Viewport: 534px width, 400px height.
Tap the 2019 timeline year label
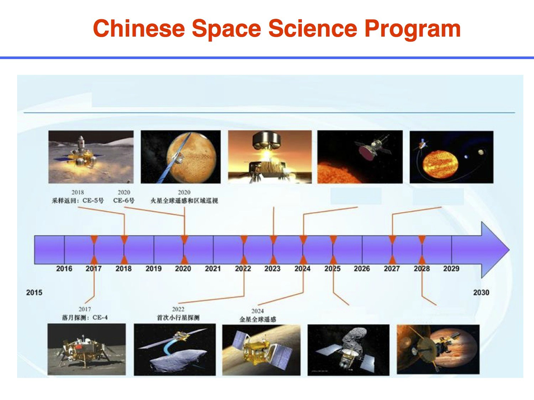(153, 269)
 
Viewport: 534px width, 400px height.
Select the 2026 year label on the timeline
(362, 269)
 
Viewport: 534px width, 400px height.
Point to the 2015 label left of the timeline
(34, 293)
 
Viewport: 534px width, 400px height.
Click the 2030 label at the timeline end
(481, 293)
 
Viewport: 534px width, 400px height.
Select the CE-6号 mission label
(124, 201)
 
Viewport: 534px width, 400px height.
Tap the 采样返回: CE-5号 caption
(78, 201)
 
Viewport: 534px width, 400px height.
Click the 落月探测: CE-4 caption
(85, 318)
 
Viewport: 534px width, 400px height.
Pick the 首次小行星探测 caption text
(178, 318)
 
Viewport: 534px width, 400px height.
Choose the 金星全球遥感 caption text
(257, 319)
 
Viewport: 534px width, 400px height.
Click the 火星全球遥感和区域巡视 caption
(184, 201)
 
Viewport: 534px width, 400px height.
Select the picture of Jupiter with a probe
(438, 349)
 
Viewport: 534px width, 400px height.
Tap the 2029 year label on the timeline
(451, 269)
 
